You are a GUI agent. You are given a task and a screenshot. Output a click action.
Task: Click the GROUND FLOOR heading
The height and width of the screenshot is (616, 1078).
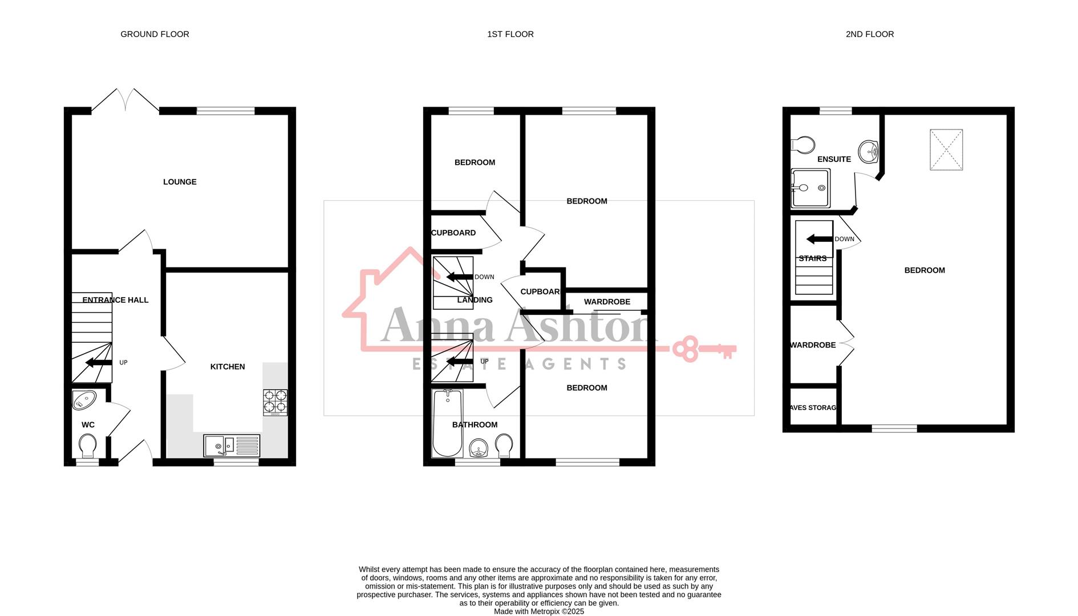[155, 34]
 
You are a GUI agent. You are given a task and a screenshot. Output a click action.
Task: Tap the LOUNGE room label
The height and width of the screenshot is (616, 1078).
[180, 182]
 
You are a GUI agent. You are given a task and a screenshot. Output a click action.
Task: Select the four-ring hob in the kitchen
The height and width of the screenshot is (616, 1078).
[275, 402]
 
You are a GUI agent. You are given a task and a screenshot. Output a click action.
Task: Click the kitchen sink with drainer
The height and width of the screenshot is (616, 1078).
[232, 445]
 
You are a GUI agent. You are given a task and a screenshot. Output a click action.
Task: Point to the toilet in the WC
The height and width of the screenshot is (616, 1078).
[88, 445]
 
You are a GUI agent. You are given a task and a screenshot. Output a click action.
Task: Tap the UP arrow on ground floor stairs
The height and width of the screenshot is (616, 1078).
[99, 363]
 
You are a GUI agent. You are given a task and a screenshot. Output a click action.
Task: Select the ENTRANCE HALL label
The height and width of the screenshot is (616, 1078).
[115, 300]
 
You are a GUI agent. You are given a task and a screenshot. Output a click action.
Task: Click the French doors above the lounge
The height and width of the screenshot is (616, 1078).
[125, 99]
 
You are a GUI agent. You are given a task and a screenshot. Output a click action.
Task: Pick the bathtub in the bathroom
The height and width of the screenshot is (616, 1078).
[447, 423]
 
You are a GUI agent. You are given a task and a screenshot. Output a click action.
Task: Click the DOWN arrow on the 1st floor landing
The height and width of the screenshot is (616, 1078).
[460, 277]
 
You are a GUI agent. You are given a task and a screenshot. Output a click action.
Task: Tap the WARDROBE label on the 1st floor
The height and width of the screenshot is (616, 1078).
[607, 302]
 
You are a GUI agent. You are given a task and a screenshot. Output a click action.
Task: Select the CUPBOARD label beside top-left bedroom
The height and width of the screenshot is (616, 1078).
[453, 233]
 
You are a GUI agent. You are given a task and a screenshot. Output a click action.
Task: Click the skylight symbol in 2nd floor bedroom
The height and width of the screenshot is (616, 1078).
[946, 149]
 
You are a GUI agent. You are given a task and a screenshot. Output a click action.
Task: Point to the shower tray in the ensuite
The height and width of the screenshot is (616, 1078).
[810, 188]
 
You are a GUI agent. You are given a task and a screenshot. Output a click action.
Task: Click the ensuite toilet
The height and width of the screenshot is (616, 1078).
[803, 144]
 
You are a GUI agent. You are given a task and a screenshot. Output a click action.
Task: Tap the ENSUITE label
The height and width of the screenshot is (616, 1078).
[834, 159]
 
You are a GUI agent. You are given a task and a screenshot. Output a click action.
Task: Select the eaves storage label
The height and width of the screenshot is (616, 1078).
[813, 408]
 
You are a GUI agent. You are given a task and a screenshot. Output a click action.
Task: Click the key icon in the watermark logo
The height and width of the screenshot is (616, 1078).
[704, 349]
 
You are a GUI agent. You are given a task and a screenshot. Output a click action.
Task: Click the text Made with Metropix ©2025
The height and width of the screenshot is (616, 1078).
[538, 611]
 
